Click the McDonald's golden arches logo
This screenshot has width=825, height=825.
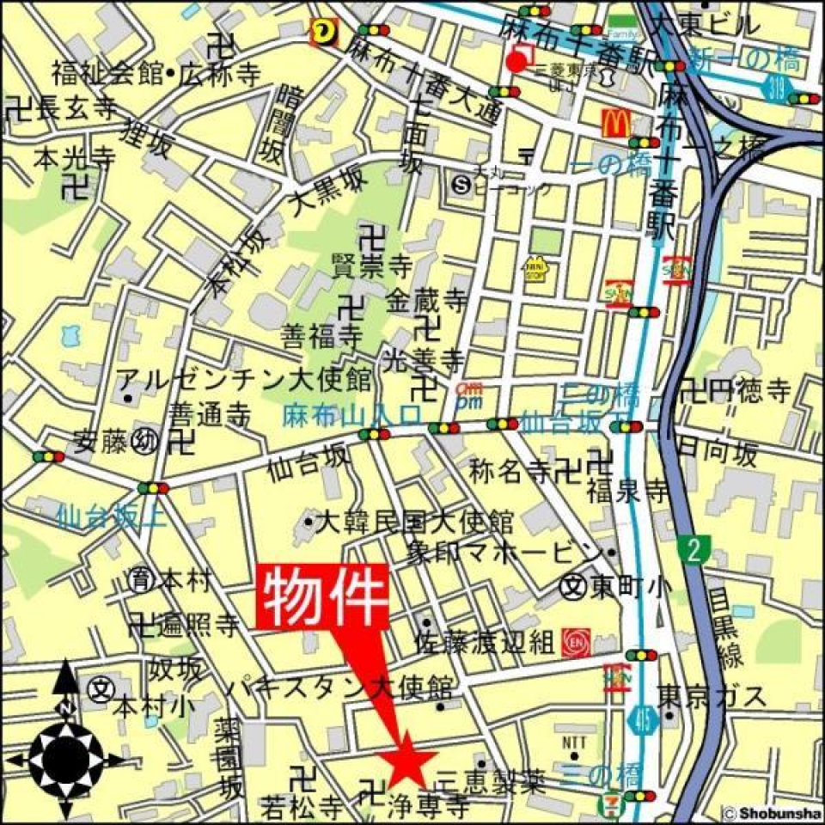click(615, 124)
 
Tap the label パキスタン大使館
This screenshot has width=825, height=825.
click(339, 688)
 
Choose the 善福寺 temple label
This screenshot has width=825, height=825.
click(321, 333)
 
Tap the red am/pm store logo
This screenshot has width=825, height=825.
click(468, 394)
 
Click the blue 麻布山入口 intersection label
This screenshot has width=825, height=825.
click(351, 415)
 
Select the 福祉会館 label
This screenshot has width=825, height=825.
click(107, 73)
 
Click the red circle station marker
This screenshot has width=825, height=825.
click(516, 61)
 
